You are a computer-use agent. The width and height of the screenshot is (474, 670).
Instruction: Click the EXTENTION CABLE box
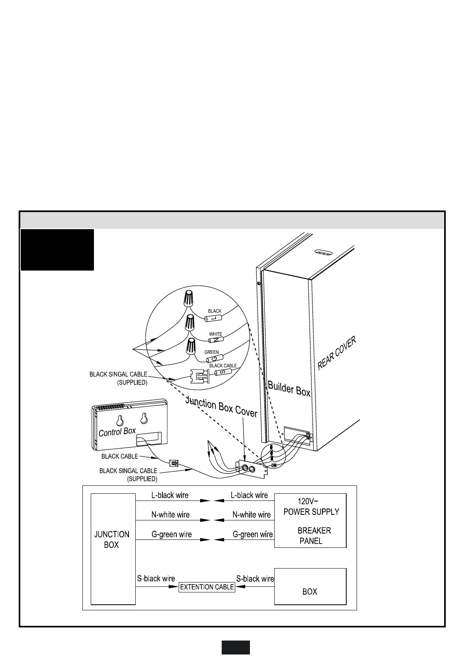tap(207, 587)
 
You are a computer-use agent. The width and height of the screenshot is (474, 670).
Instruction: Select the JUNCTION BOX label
tap(111, 540)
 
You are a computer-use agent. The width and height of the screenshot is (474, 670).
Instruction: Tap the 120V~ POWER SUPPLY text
tap(311, 506)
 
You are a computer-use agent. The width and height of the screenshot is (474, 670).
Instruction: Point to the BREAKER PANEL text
tap(313, 536)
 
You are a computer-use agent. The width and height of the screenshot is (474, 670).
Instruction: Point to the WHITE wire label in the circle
tap(216, 334)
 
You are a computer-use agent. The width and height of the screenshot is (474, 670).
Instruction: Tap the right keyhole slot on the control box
tap(144, 418)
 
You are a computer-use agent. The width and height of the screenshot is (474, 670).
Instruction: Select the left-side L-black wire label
tap(170, 495)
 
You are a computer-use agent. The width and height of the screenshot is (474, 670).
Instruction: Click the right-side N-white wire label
tap(252, 515)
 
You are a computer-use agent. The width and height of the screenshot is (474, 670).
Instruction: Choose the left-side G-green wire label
tap(172, 534)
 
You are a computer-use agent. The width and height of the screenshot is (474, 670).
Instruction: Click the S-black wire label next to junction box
tap(156, 578)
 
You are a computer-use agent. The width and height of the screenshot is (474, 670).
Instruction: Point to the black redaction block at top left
tap(57, 250)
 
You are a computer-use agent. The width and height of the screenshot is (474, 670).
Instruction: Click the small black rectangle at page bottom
tap(236, 647)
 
